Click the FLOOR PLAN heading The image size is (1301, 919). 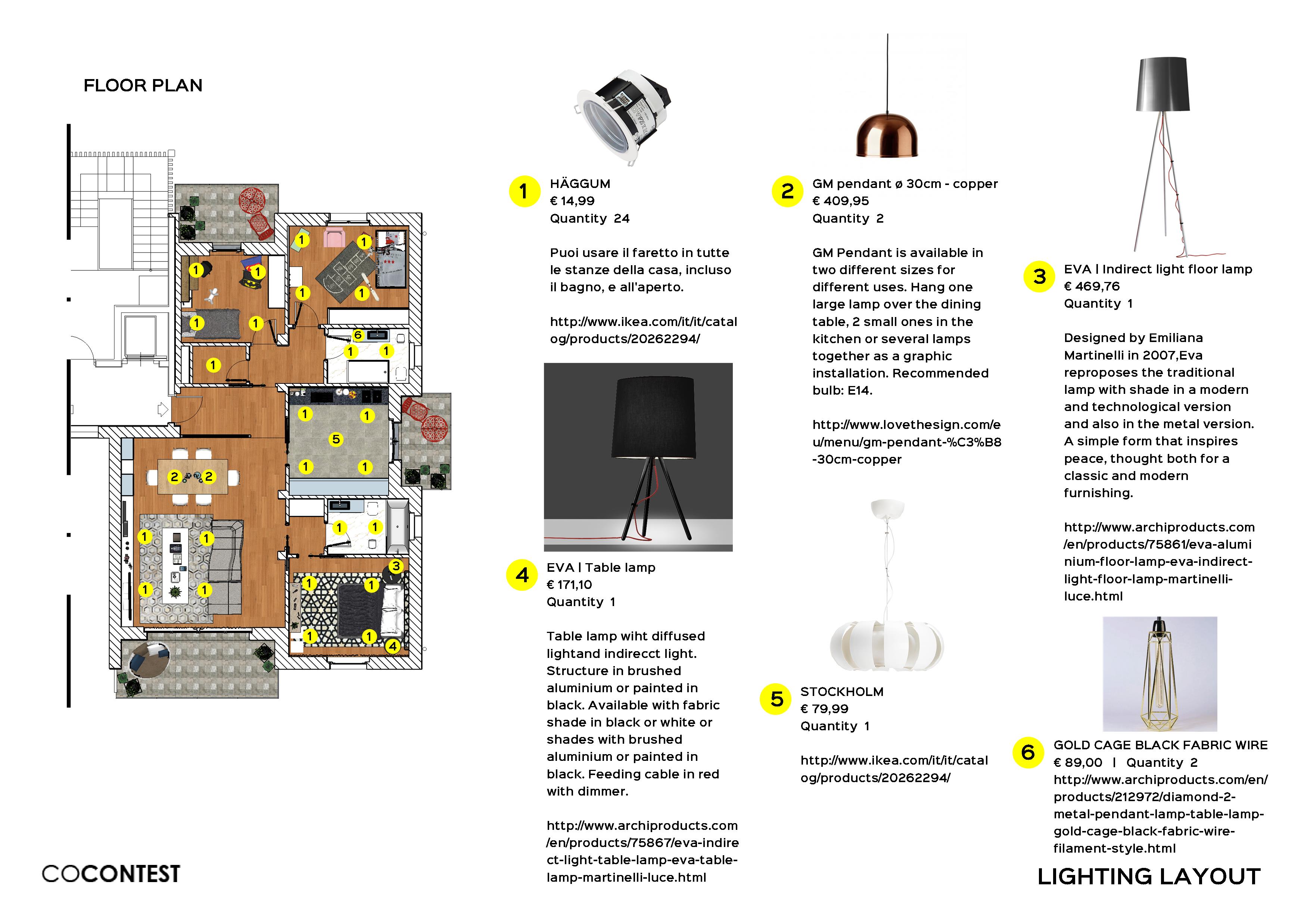[143, 85]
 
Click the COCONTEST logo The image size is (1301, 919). [111, 874]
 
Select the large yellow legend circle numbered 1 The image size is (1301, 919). [524, 191]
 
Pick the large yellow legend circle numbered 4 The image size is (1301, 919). [521, 575]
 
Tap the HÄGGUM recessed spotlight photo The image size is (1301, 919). [623, 116]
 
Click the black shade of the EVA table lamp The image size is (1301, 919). [653, 418]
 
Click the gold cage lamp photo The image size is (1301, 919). [1160, 674]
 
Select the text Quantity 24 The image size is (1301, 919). [589, 219]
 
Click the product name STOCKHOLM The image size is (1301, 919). [841, 691]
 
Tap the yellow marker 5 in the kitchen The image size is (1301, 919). [336, 439]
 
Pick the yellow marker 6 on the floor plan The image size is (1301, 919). [358, 335]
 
